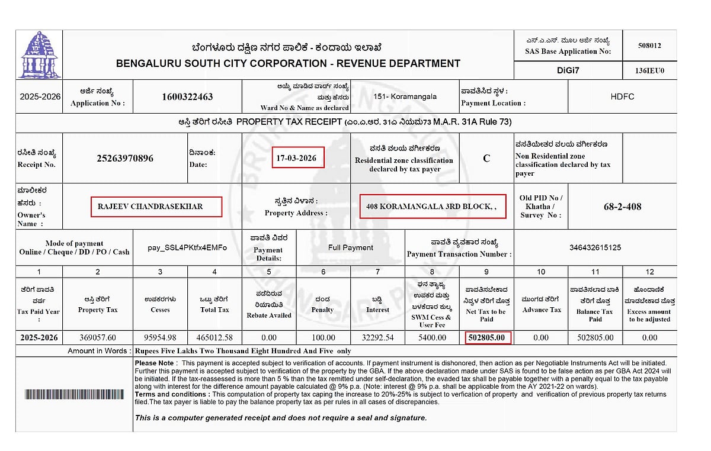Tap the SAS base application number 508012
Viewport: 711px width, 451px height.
click(x=649, y=46)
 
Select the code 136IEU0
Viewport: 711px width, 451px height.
click(x=649, y=71)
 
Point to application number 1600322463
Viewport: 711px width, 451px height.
click(x=187, y=96)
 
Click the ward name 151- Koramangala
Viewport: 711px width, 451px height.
click(x=405, y=96)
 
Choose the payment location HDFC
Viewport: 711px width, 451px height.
click(x=622, y=96)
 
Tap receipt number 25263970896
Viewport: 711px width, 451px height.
click(x=125, y=158)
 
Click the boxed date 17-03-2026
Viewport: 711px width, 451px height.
click(x=297, y=158)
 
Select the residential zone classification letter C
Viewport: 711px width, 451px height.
click(x=486, y=159)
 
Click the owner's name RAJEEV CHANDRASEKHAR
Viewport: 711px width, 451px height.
click(x=150, y=207)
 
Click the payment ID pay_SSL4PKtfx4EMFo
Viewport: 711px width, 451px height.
click(x=187, y=247)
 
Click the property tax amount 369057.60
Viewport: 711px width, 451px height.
click(x=98, y=337)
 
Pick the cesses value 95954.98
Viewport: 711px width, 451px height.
click(x=160, y=337)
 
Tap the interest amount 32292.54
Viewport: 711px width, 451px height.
click(x=377, y=337)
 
